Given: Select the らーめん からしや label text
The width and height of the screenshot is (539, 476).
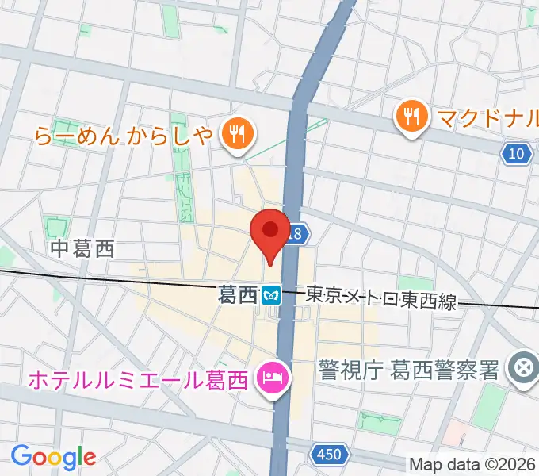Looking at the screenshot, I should point(124,136).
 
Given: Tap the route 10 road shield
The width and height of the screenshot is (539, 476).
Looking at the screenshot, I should point(517,154).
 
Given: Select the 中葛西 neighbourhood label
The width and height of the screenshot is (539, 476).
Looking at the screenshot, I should point(82,249).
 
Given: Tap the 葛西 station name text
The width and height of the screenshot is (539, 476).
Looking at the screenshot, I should point(238,295).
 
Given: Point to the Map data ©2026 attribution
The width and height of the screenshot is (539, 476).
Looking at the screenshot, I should point(472,464).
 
